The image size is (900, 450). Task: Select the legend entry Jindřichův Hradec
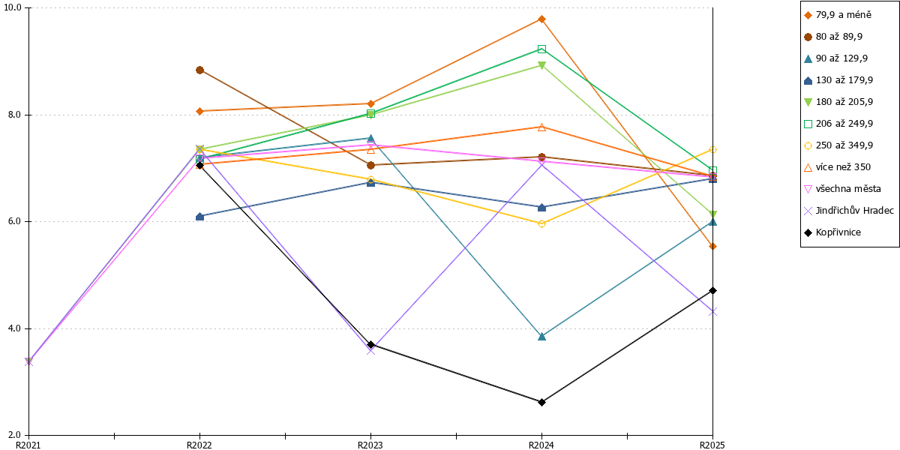849,211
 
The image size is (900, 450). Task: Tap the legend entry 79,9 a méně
838,15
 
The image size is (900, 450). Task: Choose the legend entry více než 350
837,167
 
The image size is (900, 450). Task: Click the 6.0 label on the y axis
14,221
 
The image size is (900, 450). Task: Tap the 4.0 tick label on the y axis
14,328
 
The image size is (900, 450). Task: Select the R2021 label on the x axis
28,445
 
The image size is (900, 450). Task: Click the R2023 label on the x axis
370,445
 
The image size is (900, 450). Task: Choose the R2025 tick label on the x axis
712,445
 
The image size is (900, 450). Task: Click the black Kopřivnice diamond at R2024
541,402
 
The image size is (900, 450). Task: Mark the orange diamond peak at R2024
541,19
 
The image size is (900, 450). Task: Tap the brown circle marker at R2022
199,70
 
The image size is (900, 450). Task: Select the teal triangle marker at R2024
541,336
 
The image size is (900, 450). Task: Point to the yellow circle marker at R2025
712,149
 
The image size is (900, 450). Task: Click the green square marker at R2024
541,49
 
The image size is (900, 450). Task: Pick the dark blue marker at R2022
199,217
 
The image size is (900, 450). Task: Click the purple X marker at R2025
712,312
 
